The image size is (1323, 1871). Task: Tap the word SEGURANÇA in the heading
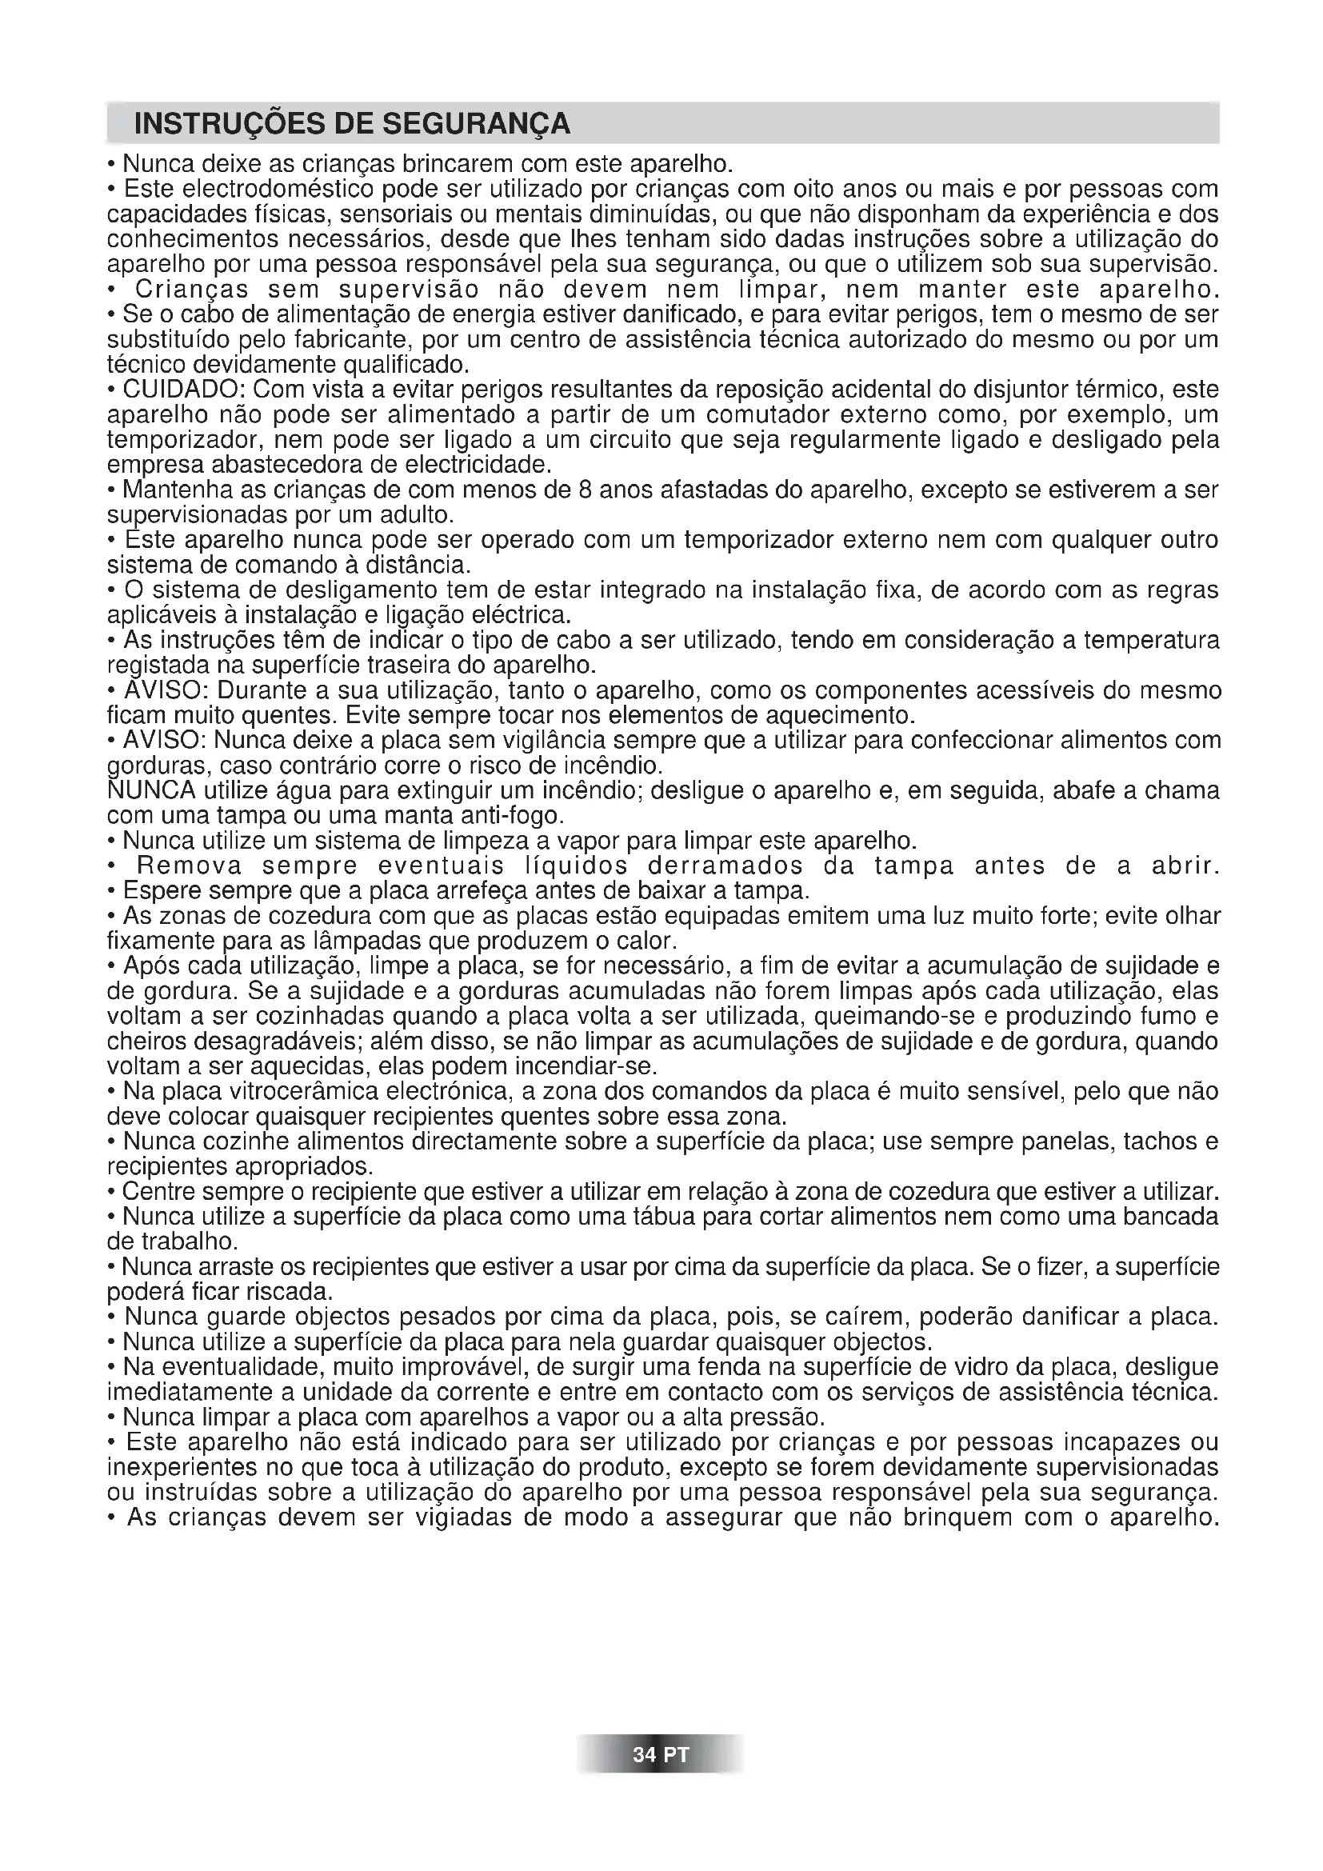477,124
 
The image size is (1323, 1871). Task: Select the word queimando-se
893,1017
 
